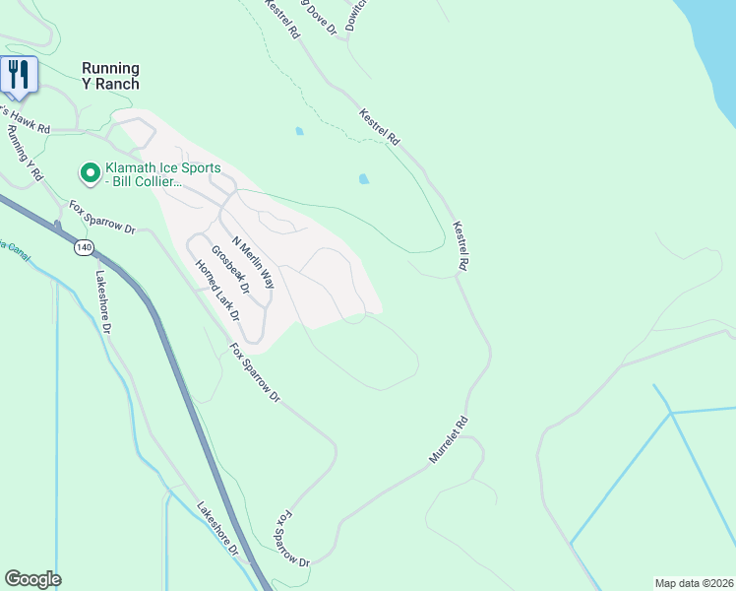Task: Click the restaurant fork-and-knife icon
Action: (19, 73)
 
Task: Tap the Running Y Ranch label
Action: (110, 75)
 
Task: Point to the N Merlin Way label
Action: (252, 261)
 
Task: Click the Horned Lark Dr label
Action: (216, 291)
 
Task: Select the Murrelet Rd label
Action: (449, 439)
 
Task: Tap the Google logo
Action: (32, 579)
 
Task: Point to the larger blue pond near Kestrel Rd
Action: (364, 179)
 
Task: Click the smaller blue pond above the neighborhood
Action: (299, 130)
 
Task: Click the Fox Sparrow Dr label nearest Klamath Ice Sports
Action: (100, 217)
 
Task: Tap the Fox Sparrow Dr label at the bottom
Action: (292, 539)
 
